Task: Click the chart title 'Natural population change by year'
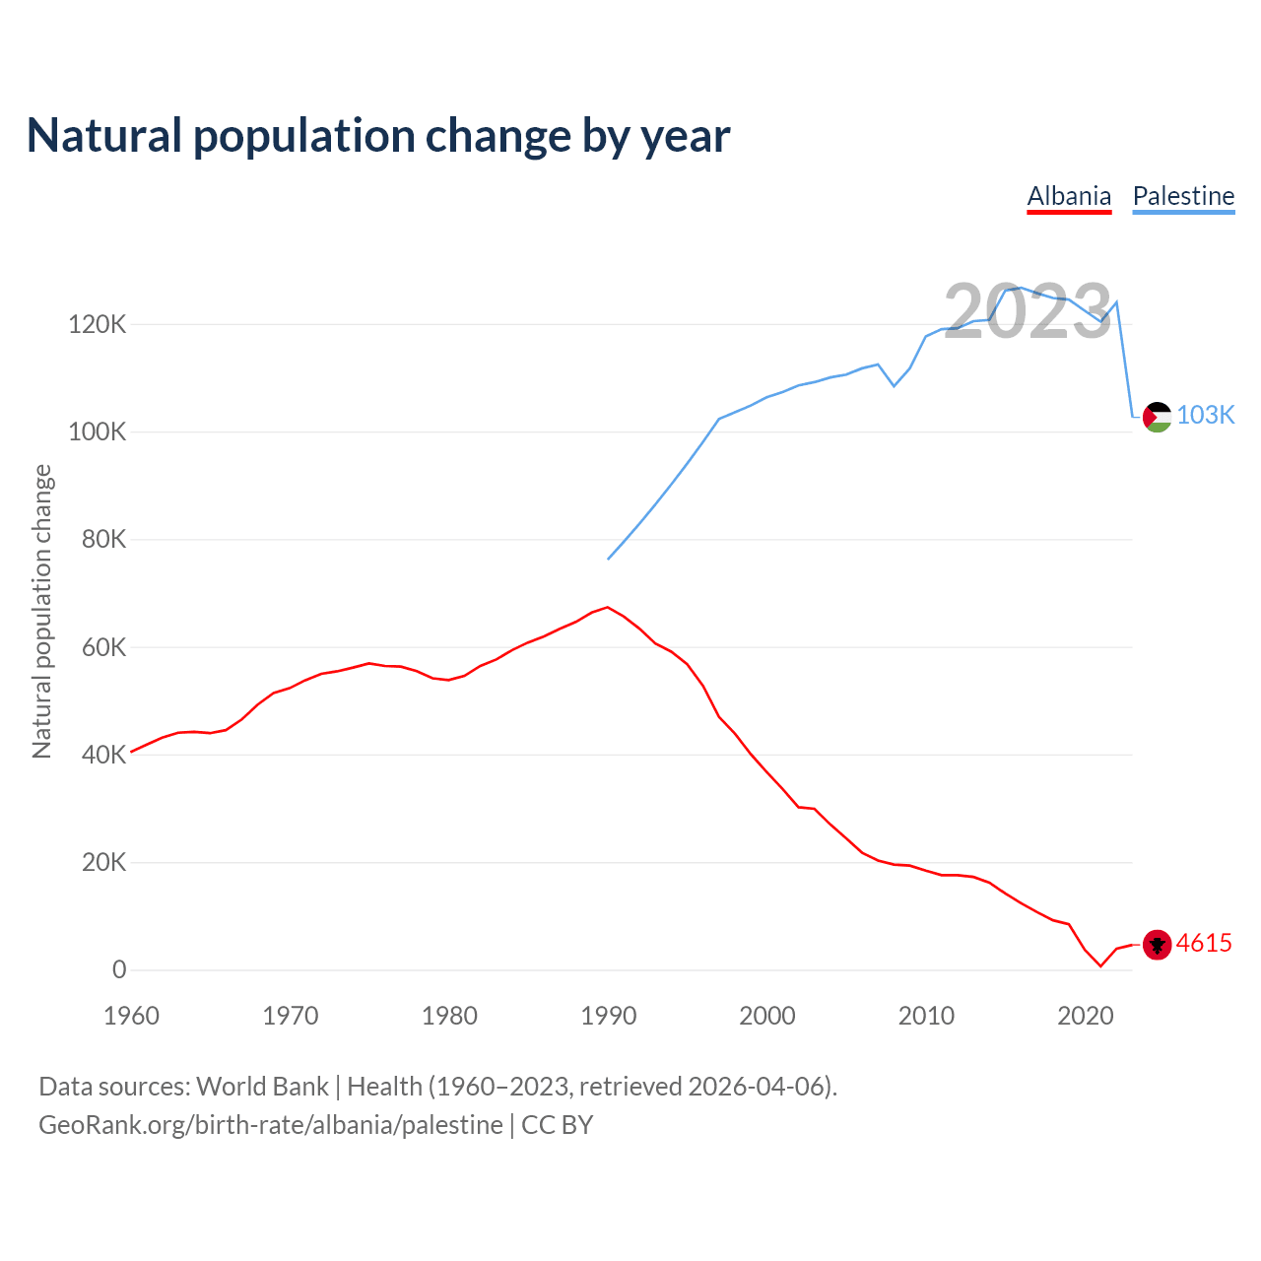pyautogui.click(x=378, y=136)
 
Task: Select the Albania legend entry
pyautogui.click(x=1069, y=196)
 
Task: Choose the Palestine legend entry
pyautogui.click(x=1183, y=196)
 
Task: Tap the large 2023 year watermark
pyautogui.click(x=1028, y=312)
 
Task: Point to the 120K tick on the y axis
pyautogui.click(x=97, y=324)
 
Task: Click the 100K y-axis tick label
pyautogui.click(x=97, y=431)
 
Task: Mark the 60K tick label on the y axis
pyautogui.click(x=103, y=647)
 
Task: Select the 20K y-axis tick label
pyautogui.click(x=103, y=863)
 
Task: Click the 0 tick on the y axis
pyautogui.click(x=119, y=970)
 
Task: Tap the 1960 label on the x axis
pyautogui.click(x=131, y=1016)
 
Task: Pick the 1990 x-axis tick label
pyautogui.click(x=608, y=1016)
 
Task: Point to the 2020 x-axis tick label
pyautogui.click(x=1085, y=1016)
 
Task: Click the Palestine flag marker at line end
pyautogui.click(x=1157, y=417)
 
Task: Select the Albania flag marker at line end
pyautogui.click(x=1157, y=945)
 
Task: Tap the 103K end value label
pyautogui.click(x=1205, y=415)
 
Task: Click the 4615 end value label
pyautogui.click(x=1204, y=943)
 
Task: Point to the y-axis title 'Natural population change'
pyautogui.click(x=41, y=612)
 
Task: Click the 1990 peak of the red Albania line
pyautogui.click(x=607, y=607)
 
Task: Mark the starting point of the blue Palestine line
pyautogui.click(x=608, y=560)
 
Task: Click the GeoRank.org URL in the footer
pyautogui.click(x=271, y=1125)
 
